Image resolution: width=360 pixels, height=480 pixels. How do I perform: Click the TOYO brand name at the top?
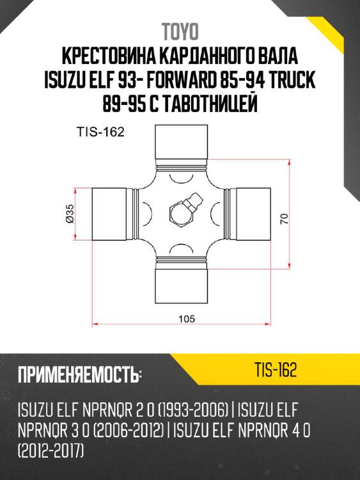click(x=180, y=31)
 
